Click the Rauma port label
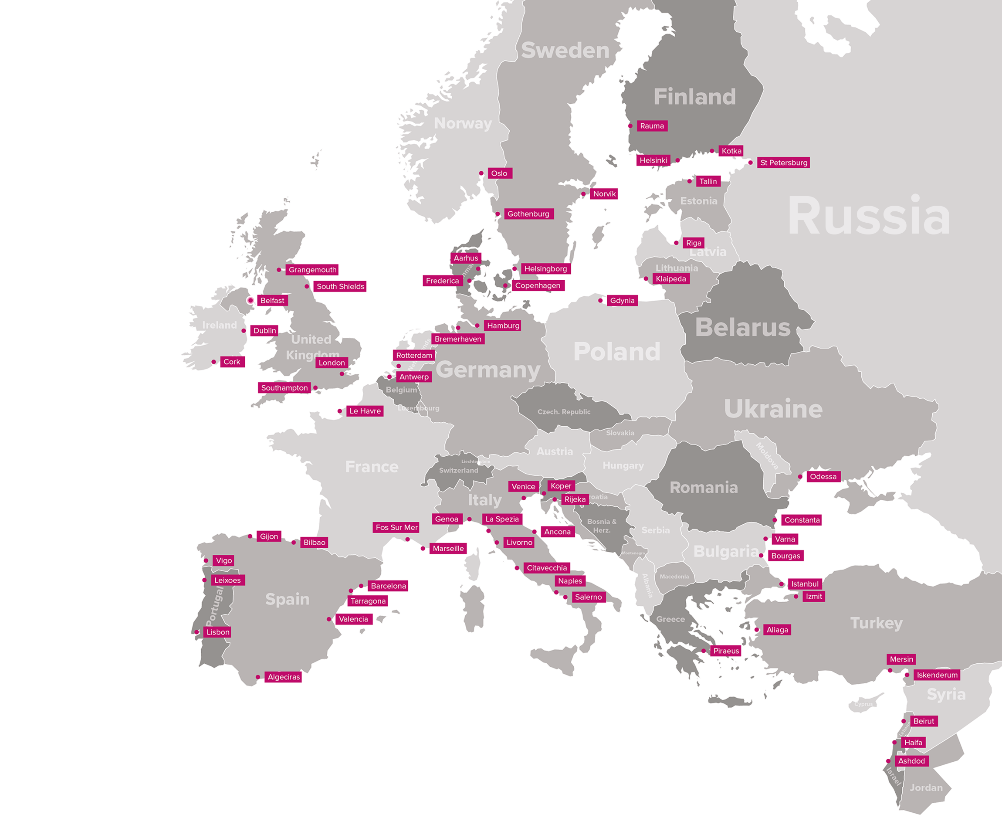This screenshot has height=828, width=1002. pos(652,126)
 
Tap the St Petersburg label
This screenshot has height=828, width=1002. pos(784,163)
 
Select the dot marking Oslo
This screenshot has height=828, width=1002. pos(481,173)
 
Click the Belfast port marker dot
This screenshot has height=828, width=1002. pos(250,301)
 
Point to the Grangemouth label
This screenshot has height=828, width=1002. pos(312,270)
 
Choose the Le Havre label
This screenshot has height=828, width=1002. pos(365,411)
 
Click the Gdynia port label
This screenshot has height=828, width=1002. pos(622,301)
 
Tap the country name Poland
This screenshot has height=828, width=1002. pos(617,352)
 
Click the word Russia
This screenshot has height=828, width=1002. pos(869,216)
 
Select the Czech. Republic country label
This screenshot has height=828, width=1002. pos(564,412)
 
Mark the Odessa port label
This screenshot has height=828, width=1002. pos(823,476)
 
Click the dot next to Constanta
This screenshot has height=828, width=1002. pos(775,520)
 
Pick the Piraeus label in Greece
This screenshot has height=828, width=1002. pos(725,651)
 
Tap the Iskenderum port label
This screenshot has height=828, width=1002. pos(937,675)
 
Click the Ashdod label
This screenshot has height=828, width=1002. pos(911,761)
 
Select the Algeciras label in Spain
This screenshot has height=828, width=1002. pos(284,677)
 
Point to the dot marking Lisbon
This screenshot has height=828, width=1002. pos(197,632)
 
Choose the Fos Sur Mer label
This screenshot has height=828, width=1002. pos(396,527)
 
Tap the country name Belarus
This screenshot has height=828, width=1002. pos(743,327)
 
